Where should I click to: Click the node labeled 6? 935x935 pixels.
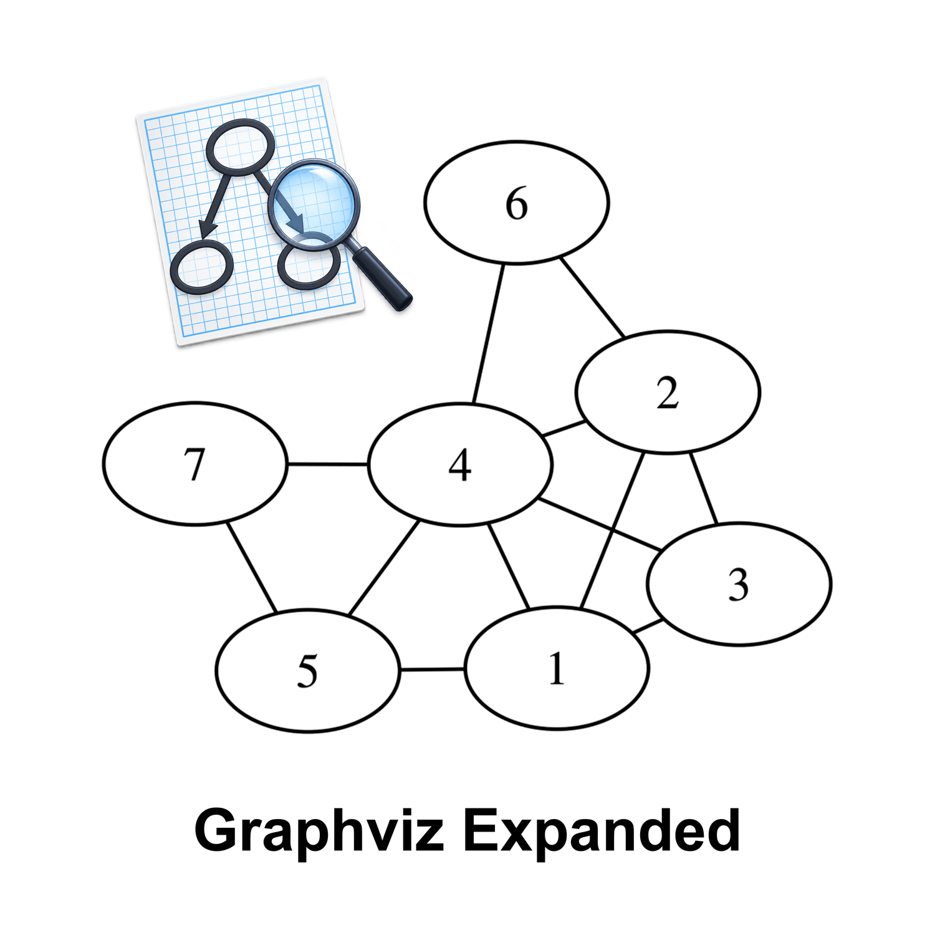tap(516, 203)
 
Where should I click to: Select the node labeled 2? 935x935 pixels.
tap(668, 392)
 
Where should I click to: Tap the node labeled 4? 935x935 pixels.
tap(460, 465)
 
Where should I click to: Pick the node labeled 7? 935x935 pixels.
tap(195, 464)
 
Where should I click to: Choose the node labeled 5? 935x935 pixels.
tap(307, 671)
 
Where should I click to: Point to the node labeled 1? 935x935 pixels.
tap(557, 668)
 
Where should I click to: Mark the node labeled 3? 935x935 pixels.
tap(739, 584)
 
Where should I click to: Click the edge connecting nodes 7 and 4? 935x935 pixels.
tap(328, 464)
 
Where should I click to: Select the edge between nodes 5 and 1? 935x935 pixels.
tap(433, 669)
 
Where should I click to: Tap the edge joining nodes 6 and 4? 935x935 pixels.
tap(488, 333)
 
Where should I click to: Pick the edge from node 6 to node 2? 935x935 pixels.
tap(592, 297)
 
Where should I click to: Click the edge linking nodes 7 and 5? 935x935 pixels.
tap(251, 567)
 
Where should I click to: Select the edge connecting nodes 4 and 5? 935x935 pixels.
tap(384, 568)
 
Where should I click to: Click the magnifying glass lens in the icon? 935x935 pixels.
tap(314, 205)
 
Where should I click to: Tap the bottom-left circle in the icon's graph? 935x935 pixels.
tap(201, 267)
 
